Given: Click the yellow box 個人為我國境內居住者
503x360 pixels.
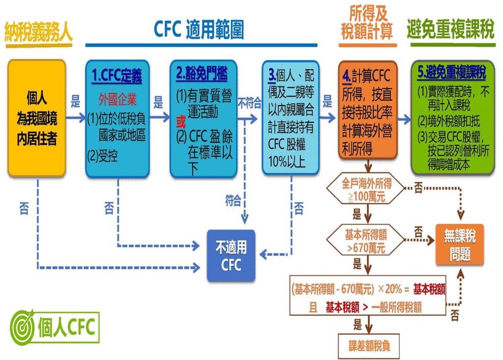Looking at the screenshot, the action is [x=37, y=118].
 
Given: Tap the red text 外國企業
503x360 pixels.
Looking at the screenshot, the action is [x=117, y=100].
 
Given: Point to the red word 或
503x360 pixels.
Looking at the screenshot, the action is [x=181, y=122].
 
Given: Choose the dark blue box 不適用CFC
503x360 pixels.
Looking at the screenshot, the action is [x=231, y=256].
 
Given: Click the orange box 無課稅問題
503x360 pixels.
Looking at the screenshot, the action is [x=459, y=245].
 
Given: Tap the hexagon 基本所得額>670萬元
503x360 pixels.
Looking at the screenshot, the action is [x=365, y=241].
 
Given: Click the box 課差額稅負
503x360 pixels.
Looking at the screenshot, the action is [x=369, y=346].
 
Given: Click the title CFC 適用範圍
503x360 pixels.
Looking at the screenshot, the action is [x=199, y=29].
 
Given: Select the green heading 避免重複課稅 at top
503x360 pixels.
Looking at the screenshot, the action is [x=451, y=29].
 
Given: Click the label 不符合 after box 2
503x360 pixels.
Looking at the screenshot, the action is [x=250, y=103].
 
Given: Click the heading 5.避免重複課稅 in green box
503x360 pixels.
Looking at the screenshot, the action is [x=452, y=73].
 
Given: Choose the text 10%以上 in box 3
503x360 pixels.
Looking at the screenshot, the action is [x=287, y=162].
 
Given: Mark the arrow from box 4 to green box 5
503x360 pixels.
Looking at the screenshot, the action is [x=404, y=119].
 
